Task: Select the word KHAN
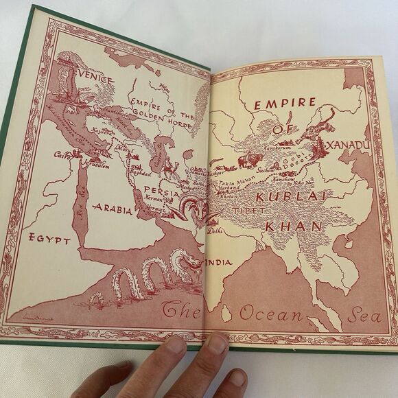(x=288, y=225)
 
